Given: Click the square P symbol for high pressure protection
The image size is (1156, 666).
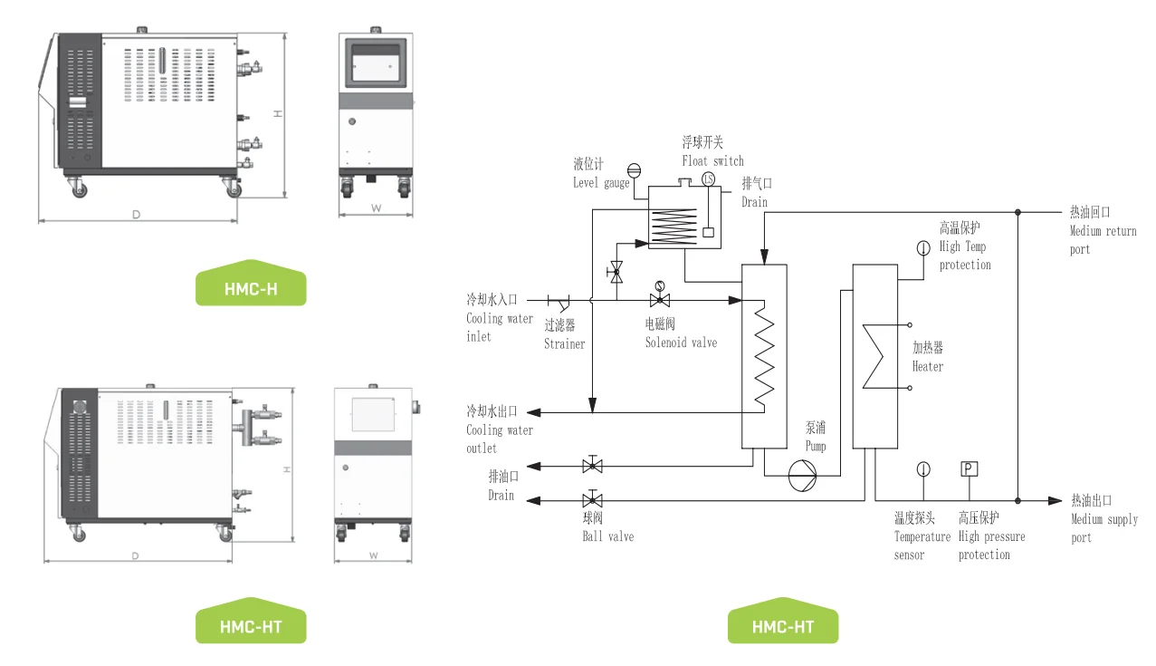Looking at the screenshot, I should pyautogui.click(x=969, y=468).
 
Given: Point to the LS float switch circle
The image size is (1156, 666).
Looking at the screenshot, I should pyautogui.click(x=707, y=179).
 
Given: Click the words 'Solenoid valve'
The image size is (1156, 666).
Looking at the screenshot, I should pyautogui.click(x=681, y=343).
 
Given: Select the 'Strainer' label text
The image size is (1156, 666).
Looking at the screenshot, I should pyautogui.click(x=565, y=343).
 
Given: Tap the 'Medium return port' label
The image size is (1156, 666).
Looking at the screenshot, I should pyautogui.click(x=1103, y=240).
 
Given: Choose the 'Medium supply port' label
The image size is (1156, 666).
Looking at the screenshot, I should pyautogui.click(x=1103, y=528).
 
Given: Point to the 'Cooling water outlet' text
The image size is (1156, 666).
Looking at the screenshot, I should pyautogui.click(x=500, y=439).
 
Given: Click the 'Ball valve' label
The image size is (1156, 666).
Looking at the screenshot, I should pyautogui.click(x=607, y=536).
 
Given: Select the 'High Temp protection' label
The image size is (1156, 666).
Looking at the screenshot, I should pyautogui.click(x=965, y=256).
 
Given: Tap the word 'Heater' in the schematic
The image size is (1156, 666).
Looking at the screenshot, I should pyautogui.click(x=928, y=367).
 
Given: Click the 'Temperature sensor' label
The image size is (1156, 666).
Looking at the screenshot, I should pyautogui.click(x=922, y=545).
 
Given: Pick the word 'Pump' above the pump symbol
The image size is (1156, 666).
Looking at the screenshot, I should pyautogui.click(x=816, y=446).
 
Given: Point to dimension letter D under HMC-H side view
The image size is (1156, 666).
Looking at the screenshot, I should pyautogui.click(x=136, y=215).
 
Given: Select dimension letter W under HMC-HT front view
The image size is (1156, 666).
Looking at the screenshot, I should pyautogui.click(x=374, y=555).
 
